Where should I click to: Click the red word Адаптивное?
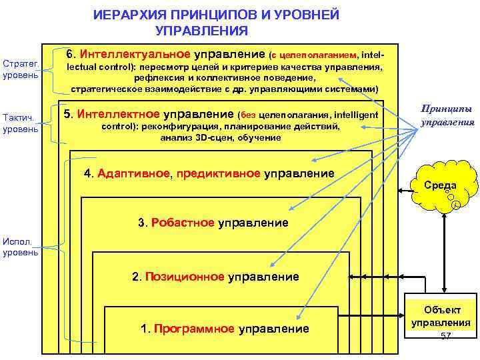point(134,173)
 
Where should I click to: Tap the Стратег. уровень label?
point(20,69)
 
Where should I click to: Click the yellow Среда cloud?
point(445,183)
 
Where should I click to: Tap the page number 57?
point(446,335)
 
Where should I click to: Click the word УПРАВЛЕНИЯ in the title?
point(201,31)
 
